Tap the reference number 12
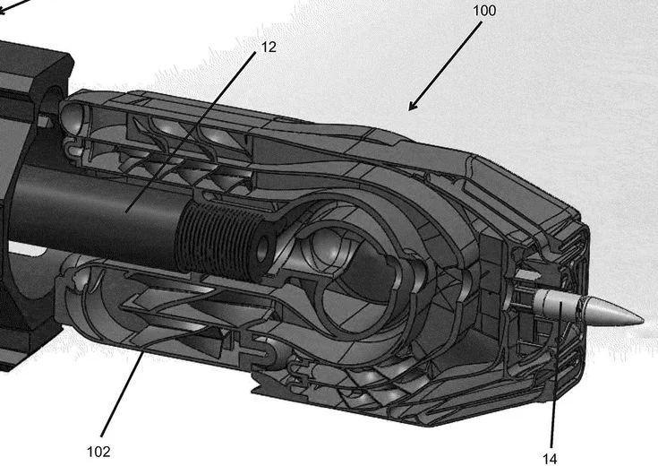[269, 46]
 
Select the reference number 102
[98, 451]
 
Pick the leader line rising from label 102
[125, 393]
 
